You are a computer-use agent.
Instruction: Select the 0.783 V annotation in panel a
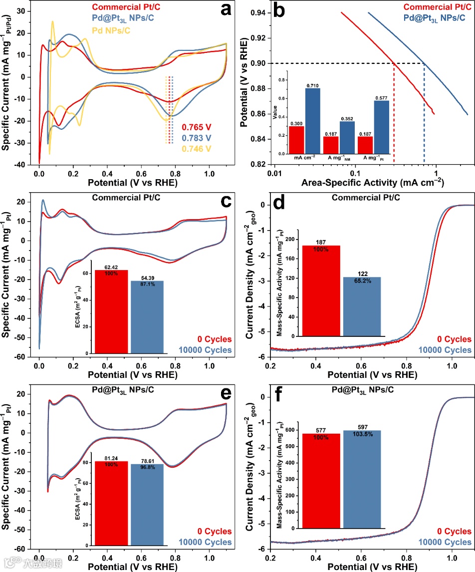[197, 137]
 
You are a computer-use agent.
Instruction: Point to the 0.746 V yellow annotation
[197, 148]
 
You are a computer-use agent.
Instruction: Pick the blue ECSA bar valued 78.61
[147, 505]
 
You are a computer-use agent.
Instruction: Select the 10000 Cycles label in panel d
[444, 350]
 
